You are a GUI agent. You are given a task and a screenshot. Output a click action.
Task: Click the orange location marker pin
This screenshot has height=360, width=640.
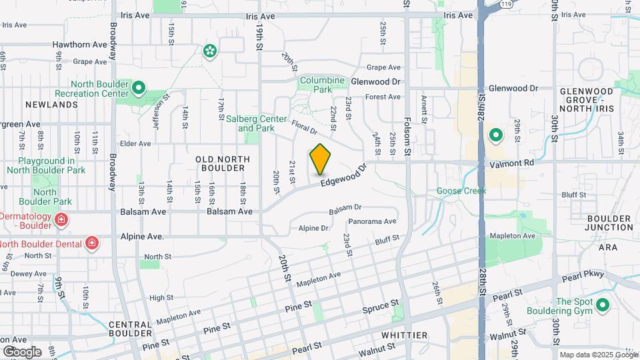tap(321, 159)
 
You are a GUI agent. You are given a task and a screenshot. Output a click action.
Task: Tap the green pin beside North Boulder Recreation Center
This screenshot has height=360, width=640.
tap(139, 87)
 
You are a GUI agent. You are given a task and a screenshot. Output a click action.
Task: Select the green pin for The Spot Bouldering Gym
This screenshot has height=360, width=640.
tap(603, 305)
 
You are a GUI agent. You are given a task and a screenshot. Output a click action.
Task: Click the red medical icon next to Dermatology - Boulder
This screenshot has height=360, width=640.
tap(61, 219)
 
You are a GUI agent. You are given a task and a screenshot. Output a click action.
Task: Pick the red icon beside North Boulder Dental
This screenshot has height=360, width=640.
tap(91, 243)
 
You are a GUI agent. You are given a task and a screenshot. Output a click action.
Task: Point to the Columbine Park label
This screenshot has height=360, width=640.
tap(322, 85)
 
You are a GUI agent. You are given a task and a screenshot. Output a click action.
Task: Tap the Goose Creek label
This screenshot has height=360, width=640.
tap(461, 191)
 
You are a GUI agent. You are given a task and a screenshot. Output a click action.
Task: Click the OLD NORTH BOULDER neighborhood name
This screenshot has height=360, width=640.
tap(223, 163)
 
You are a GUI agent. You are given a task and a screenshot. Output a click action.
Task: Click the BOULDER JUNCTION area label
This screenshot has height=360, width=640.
tap(609, 223)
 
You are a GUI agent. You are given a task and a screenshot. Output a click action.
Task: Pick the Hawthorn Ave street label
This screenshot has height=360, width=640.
tap(80, 45)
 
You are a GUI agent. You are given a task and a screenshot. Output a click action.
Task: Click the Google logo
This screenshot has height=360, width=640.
tap(22, 352)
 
